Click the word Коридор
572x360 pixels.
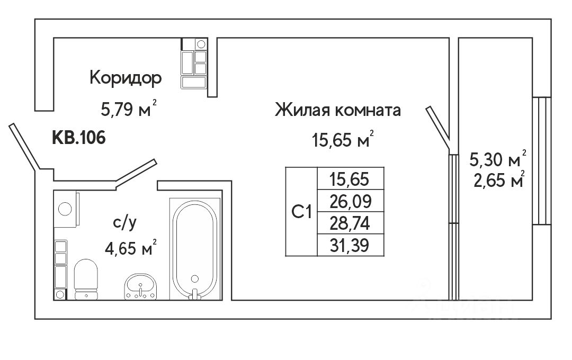tap(126, 78)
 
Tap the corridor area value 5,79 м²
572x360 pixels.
tap(129, 110)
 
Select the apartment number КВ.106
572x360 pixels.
tap(78, 138)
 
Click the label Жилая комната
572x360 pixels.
tap(337, 111)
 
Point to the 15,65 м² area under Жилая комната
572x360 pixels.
tap(343, 141)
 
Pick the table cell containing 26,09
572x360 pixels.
tap(349, 201)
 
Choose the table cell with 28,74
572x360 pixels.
tap(349, 223)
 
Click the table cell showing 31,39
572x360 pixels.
tap(349, 245)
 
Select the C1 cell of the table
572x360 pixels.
tap(301, 212)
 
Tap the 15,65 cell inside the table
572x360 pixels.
tap(349, 178)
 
